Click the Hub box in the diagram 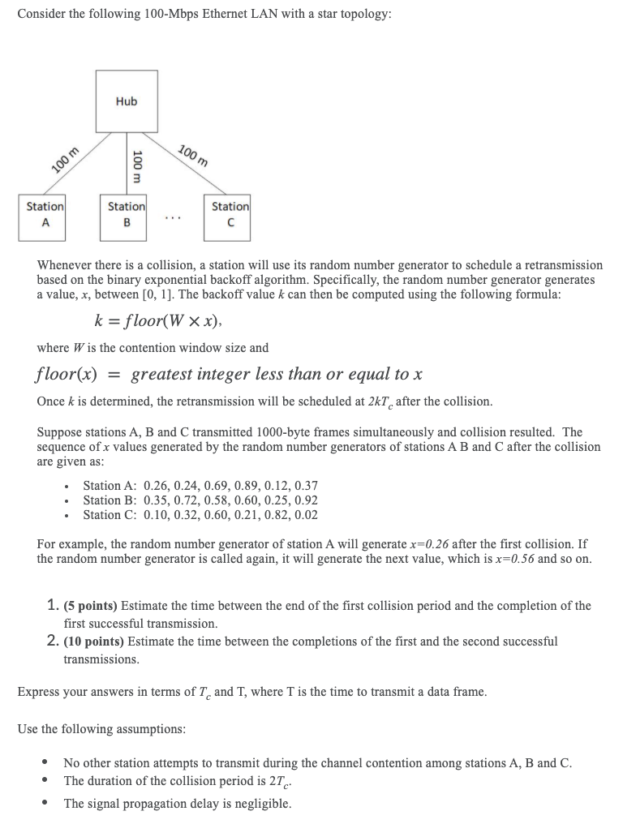coord(127,101)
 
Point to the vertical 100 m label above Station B coord(137,166)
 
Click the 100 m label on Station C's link coord(193,154)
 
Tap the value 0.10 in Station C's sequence coord(157,515)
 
